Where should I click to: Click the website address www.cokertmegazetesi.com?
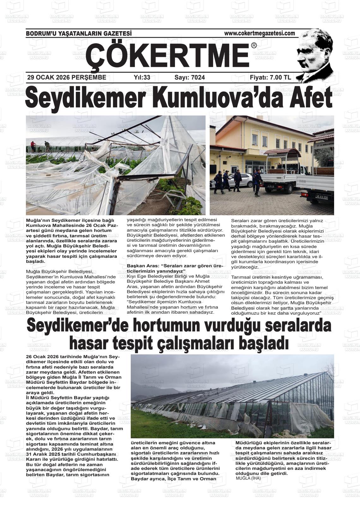[x=259, y=33]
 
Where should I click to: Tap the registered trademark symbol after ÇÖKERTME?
[x=254, y=46]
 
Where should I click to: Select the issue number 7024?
[x=189, y=77]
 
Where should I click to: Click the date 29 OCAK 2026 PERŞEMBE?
[x=67, y=77]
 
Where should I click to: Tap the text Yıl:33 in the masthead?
[x=142, y=77]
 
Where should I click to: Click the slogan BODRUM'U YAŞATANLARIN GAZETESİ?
[x=78, y=33]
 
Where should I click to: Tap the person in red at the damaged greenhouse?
[x=33, y=146]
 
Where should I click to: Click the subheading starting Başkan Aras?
[x=175, y=268]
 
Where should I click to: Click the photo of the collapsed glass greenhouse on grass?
[x=232, y=396]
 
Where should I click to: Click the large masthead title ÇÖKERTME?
[x=167, y=55]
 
